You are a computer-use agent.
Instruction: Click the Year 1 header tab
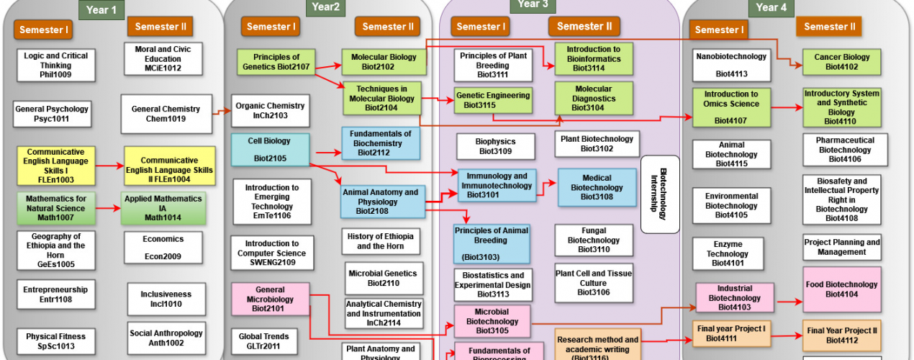(x=101, y=9)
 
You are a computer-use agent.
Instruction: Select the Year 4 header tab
(x=771, y=7)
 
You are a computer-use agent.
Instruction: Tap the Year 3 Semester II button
(x=584, y=27)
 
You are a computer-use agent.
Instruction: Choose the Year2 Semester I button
(x=271, y=27)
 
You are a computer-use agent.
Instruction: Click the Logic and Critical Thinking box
(x=55, y=65)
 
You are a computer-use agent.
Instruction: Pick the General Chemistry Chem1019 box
(x=166, y=114)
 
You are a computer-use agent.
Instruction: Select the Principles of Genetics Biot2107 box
(x=276, y=62)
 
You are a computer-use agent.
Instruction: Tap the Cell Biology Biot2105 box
(x=270, y=148)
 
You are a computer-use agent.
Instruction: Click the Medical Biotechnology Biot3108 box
(x=597, y=187)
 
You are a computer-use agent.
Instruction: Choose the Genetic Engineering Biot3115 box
(x=492, y=100)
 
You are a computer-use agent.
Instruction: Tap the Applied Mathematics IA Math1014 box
(x=164, y=208)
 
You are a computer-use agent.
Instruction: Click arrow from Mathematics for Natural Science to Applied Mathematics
(x=107, y=209)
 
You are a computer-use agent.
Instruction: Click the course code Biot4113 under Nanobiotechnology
(x=731, y=73)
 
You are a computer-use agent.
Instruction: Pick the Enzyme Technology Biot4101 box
(x=727, y=253)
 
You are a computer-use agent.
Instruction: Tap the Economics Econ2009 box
(x=163, y=247)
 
